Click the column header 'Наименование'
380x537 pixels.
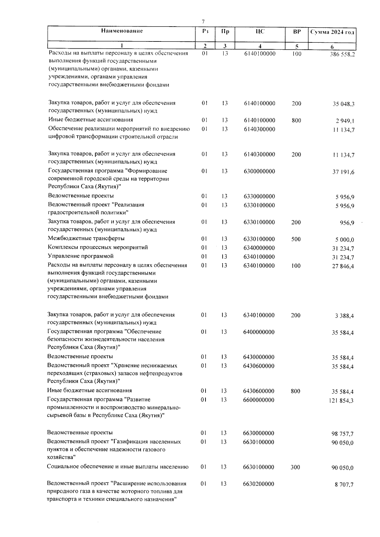tap(122, 31)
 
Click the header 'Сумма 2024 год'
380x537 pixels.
tap(332, 32)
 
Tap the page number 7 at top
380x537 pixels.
tap(203, 22)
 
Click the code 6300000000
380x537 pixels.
tap(259, 171)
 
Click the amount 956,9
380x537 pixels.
tap(347, 223)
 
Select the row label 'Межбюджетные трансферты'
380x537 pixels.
tap(86, 238)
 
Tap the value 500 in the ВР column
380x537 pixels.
tap(296, 239)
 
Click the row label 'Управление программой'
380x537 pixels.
tap(80, 256)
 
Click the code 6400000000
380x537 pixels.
tap(259, 332)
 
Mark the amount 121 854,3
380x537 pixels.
tap(341, 401)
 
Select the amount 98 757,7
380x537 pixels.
tap(343, 434)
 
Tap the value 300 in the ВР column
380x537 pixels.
tap(295, 467)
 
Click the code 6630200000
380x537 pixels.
tap(259, 484)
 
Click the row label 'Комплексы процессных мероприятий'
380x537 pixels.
tap(98, 247)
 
